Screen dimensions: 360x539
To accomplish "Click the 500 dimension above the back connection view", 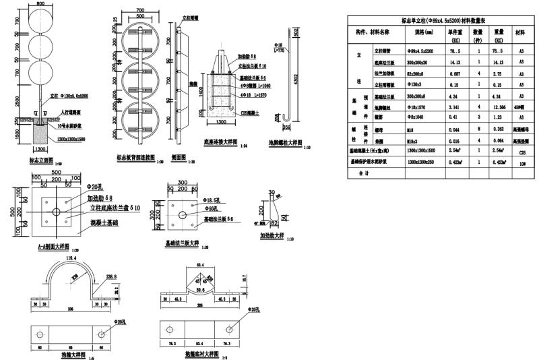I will (140, 14).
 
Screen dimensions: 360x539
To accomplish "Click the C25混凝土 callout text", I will (249, 113).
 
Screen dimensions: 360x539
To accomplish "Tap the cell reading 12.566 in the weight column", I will (499, 107).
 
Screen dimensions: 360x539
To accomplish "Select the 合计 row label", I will (364, 173).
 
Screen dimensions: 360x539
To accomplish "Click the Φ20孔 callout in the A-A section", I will (96, 186).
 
